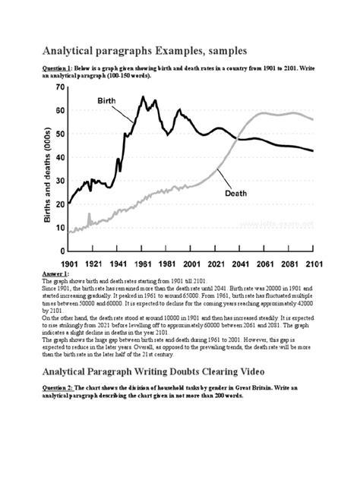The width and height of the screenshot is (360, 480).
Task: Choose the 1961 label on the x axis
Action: pyautogui.click(x=142, y=263)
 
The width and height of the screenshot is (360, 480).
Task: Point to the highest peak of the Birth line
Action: pyautogui.click(x=142, y=97)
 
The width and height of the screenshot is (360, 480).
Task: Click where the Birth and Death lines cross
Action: pyautogui.click(x=238, y=138)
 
